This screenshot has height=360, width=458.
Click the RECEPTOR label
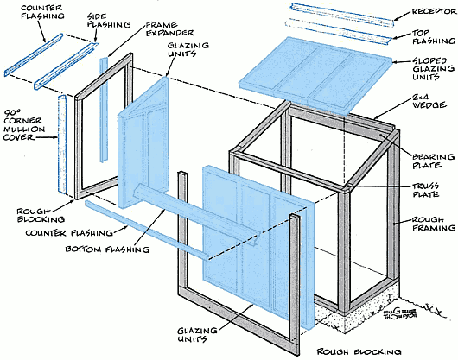(434, 12)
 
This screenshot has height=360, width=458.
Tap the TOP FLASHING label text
(434, 37)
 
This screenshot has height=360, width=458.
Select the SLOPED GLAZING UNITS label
(434, 69)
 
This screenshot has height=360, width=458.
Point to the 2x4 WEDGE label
(429, 101)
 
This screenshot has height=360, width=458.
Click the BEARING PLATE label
(434, 161)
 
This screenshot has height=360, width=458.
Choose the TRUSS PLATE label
(425, 190)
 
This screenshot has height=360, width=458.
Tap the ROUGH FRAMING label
(434, 224)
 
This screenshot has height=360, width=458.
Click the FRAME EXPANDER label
(169, 28)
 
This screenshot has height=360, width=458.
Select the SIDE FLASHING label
(109, 21)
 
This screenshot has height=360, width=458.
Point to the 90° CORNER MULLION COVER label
(24, 125)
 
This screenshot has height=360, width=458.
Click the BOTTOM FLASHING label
(107, 249)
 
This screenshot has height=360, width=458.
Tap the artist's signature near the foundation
(400, 313)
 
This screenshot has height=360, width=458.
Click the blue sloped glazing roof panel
(315, 74)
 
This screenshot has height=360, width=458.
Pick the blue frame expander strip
(104, 110)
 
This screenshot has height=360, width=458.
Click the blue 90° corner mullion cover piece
(62, 144)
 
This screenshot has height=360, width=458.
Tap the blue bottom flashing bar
(196, 214)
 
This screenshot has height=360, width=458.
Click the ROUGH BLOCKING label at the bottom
(359, 351)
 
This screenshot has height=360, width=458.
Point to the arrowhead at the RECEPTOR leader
(395, 18)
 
